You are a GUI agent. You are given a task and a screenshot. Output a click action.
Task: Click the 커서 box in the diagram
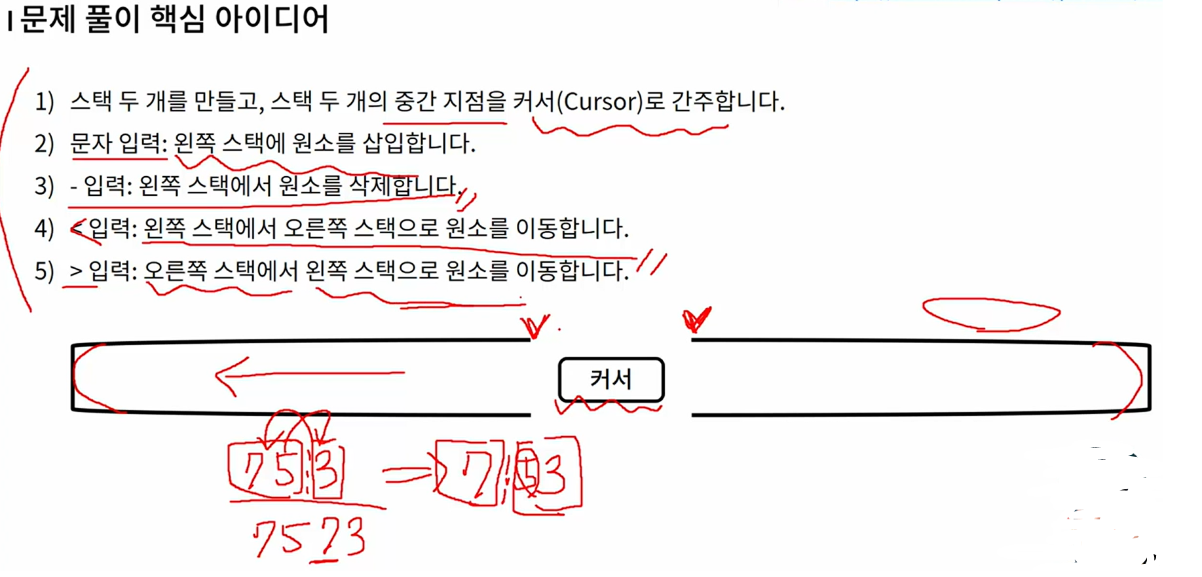tap(610, 379)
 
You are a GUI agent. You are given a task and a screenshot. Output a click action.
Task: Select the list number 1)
tap(45, 102)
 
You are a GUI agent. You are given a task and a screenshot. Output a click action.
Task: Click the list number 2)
tap(45, 143)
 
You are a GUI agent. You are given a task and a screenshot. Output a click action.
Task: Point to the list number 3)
tap(45, 186)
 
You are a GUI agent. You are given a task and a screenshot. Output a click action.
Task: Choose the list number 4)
tap(45, 229)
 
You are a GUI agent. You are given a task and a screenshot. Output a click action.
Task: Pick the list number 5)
tap(45, 270)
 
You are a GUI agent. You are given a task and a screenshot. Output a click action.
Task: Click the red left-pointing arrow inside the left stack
tap(308, 375)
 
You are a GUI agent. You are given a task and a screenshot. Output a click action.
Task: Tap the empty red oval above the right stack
tap(990, 314)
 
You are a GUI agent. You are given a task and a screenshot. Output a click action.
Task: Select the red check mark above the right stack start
tap(696, 319)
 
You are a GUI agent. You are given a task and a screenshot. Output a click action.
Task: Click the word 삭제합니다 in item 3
tap(404, 186)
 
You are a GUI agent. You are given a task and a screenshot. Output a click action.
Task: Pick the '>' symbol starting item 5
tap(76, 270)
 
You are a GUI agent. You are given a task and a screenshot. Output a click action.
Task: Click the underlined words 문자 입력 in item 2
tap(119, 143)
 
